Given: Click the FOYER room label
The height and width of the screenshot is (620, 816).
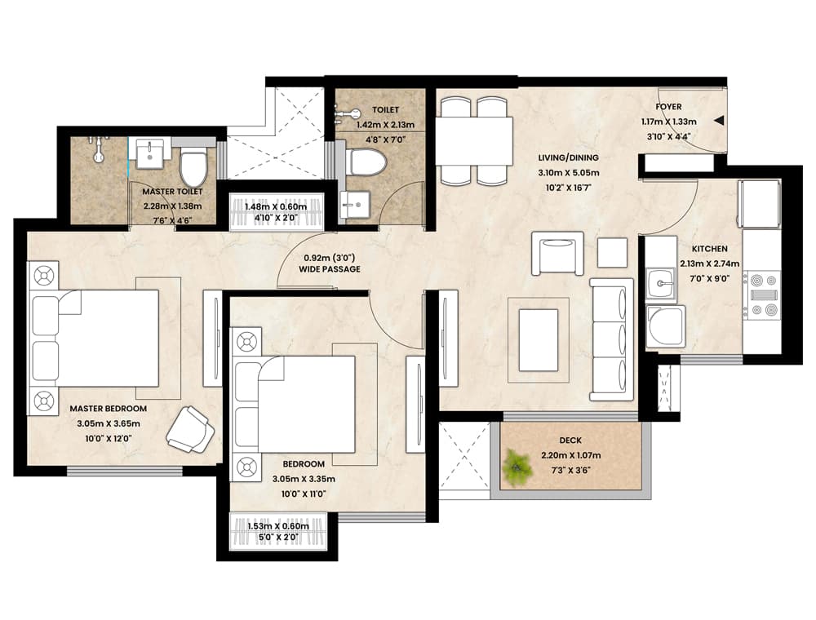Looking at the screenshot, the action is click(x=668, y=107).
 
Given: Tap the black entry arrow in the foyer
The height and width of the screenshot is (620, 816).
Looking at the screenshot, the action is click(x=719, y=121).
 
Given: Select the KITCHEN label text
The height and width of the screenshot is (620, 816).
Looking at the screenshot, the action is click(x=709, y=249).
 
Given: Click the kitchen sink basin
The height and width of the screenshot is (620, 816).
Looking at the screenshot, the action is click(x=661, y=284).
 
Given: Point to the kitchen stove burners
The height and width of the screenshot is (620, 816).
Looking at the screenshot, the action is click(x=761, y=294).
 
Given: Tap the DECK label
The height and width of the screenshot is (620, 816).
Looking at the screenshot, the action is click(x=570, y=441).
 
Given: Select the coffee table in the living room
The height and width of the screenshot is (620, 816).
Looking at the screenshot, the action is click(x=539, y=339).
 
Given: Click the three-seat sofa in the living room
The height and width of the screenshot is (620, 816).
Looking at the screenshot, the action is click(x=611, y=339).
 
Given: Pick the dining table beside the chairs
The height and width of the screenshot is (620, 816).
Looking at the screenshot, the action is click(x=473, y=140).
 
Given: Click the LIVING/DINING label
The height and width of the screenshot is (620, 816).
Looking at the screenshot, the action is click(x=568, y=157).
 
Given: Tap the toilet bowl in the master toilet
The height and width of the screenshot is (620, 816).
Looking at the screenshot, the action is click(x=193, y=165).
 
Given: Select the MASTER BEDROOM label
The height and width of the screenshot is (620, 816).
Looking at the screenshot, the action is click(x=109, y=409).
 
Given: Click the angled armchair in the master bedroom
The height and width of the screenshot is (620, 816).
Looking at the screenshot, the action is click(x=190, y=427).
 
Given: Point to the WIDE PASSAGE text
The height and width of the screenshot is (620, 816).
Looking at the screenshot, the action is click(x=330, y=269).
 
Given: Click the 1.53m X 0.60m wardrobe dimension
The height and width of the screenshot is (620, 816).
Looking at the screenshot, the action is click(x=278, y=526).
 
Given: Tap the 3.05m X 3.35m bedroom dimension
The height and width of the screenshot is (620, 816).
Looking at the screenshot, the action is click(x=304, y=479).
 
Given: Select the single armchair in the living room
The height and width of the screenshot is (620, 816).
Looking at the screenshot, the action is click(x=557, y=254).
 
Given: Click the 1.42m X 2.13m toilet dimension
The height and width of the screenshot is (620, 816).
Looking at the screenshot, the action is click(x=386, y=125).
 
